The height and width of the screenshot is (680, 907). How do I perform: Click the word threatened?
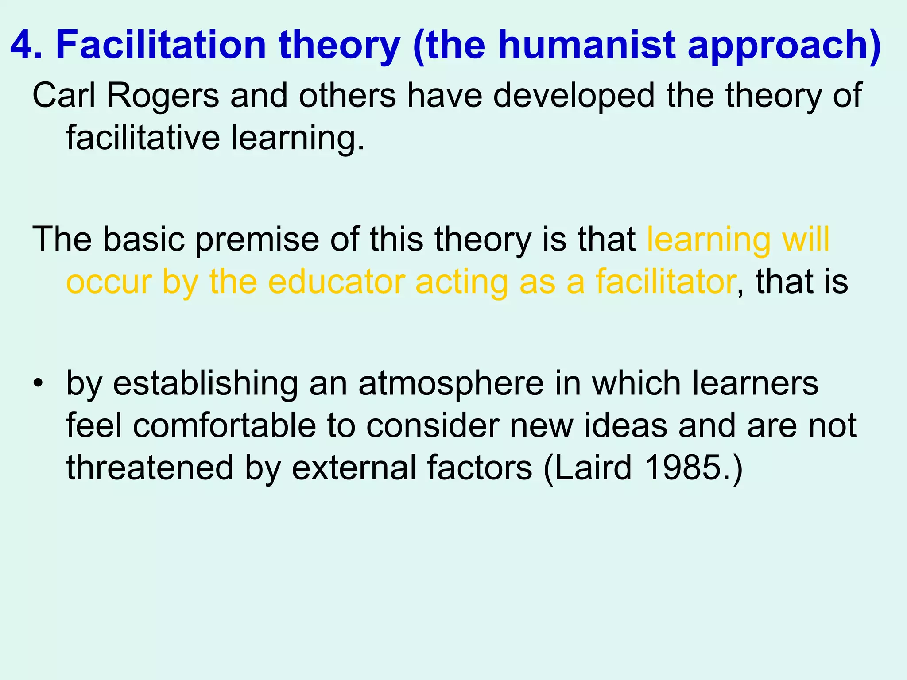coord(150,467)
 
